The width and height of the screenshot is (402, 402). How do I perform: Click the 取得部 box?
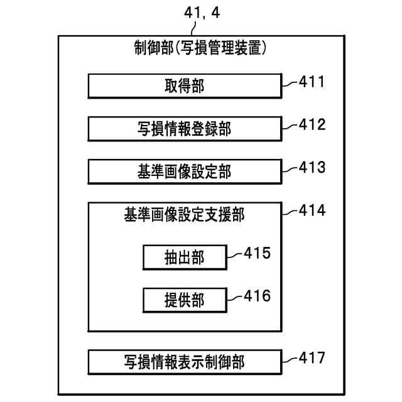(x=184, y=87)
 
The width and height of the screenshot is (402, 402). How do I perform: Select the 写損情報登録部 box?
(x=184, y=129)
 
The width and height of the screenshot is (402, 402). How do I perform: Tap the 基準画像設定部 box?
(x=184, y=171)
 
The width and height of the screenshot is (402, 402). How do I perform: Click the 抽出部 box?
(x=184, y=256)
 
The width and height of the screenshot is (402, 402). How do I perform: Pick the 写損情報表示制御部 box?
(x=184, y=362)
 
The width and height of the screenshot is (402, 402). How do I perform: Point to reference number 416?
(x=256, y=296)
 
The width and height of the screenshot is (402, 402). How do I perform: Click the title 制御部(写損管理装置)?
(x=201, y=48)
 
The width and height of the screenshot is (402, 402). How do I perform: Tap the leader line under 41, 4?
(x=198, y=28)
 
